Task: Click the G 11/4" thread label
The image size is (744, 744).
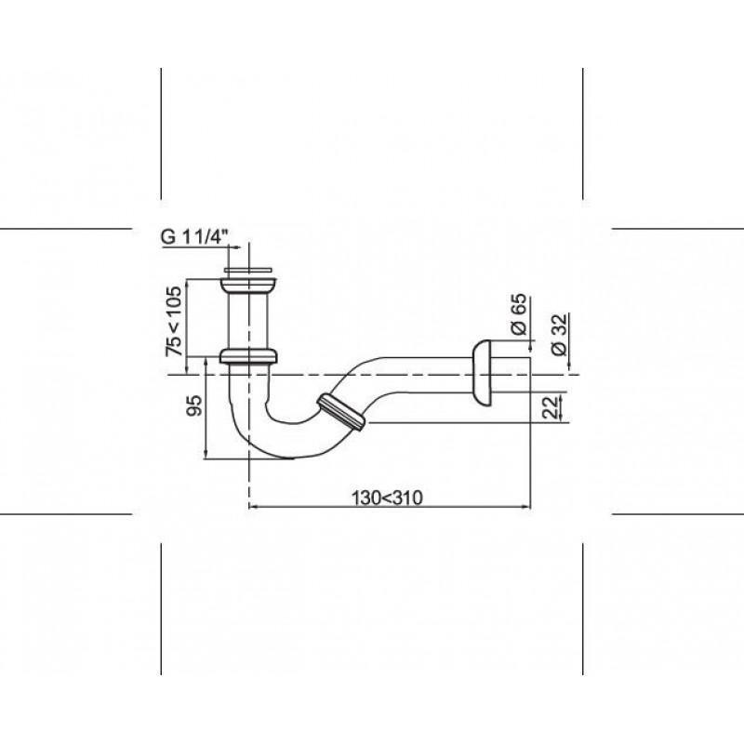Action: tap(195, 236)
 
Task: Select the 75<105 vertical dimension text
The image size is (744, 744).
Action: tap(173, 321)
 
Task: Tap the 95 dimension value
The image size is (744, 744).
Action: tap(193, 405)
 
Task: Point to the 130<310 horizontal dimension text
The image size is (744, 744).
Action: tap(387, 498)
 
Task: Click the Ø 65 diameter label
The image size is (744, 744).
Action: tap(520, 314)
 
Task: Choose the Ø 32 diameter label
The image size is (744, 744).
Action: tap(560, 334)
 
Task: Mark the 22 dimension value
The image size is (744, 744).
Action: tap(551, 407)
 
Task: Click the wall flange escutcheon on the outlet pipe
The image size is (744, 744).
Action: tap(482, 373)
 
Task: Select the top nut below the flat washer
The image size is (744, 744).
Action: tap(248, 286)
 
